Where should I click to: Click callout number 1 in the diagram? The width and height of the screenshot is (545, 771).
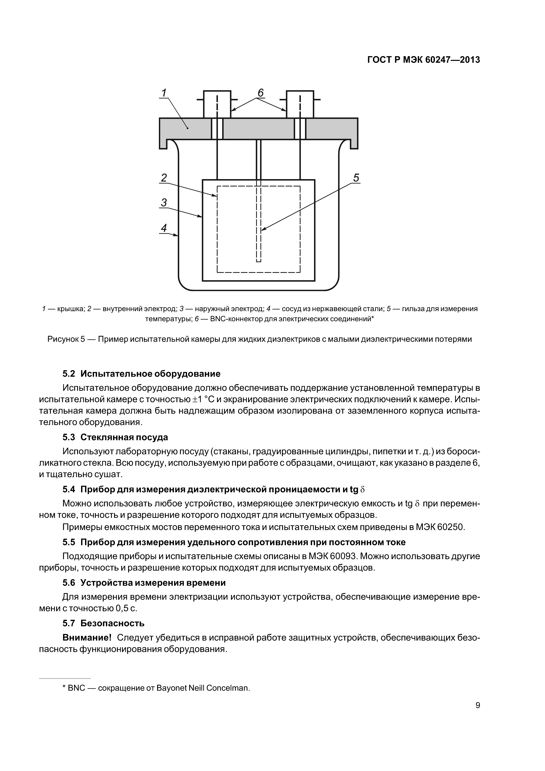click(x=164, y=93)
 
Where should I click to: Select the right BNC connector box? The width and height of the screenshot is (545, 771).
click(x=300, y=104)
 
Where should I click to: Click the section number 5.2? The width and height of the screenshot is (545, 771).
click(x=69, y=374)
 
